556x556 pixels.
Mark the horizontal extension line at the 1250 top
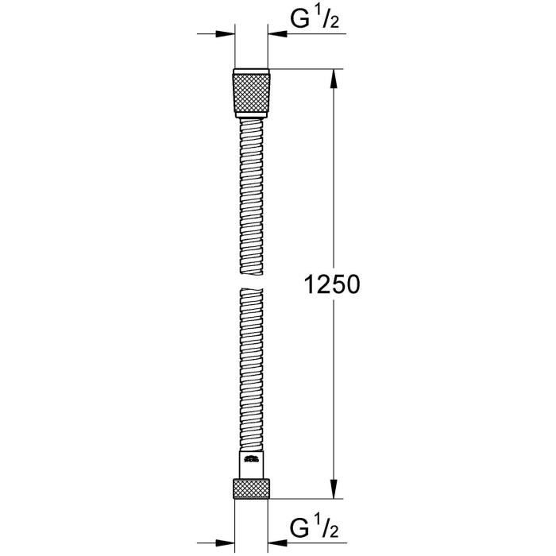tap(306, 70)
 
